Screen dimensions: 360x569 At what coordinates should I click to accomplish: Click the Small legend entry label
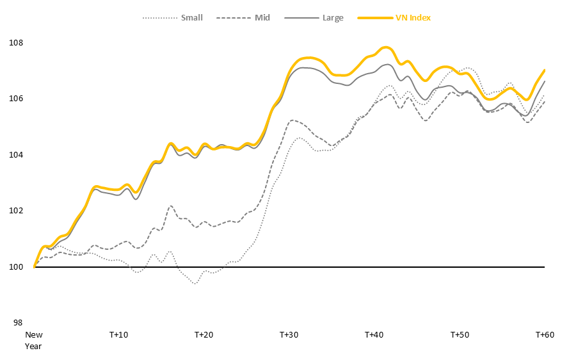click(191, 18)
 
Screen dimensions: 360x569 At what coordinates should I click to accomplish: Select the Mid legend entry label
click(262, 18)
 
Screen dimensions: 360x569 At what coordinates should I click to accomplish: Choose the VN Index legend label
click(413, 18)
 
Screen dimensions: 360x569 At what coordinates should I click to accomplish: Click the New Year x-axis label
click(33, 340)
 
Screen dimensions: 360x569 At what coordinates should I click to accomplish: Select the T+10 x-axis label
click(118, 335)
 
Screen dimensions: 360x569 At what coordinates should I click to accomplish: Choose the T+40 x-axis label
click(374, 335)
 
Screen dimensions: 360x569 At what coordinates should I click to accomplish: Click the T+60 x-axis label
click(544, 335)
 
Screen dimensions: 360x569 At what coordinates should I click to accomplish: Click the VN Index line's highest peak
click(385, 47)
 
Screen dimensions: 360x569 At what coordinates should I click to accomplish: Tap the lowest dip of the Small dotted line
click(195, 283)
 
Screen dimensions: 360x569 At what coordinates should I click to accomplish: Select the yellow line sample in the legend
click(374, 18)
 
